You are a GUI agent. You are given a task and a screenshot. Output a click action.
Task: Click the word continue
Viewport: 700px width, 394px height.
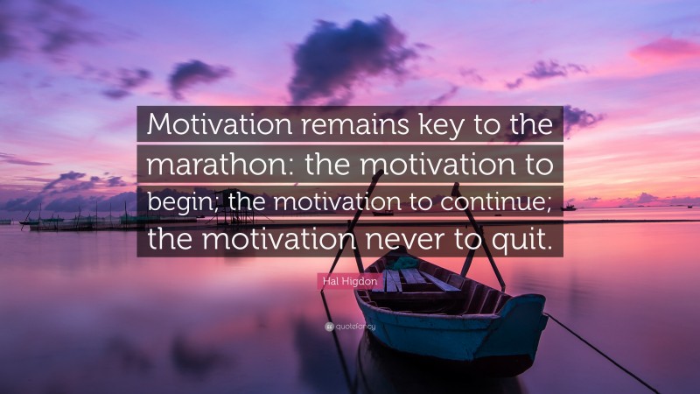coord(494,201)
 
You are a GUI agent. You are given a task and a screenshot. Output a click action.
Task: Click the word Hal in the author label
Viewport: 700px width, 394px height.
coord(331,281)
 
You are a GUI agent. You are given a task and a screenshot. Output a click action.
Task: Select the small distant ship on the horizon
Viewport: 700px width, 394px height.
coord(568,207)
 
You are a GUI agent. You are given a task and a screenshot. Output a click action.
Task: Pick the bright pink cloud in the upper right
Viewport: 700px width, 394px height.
coord(666,49)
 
